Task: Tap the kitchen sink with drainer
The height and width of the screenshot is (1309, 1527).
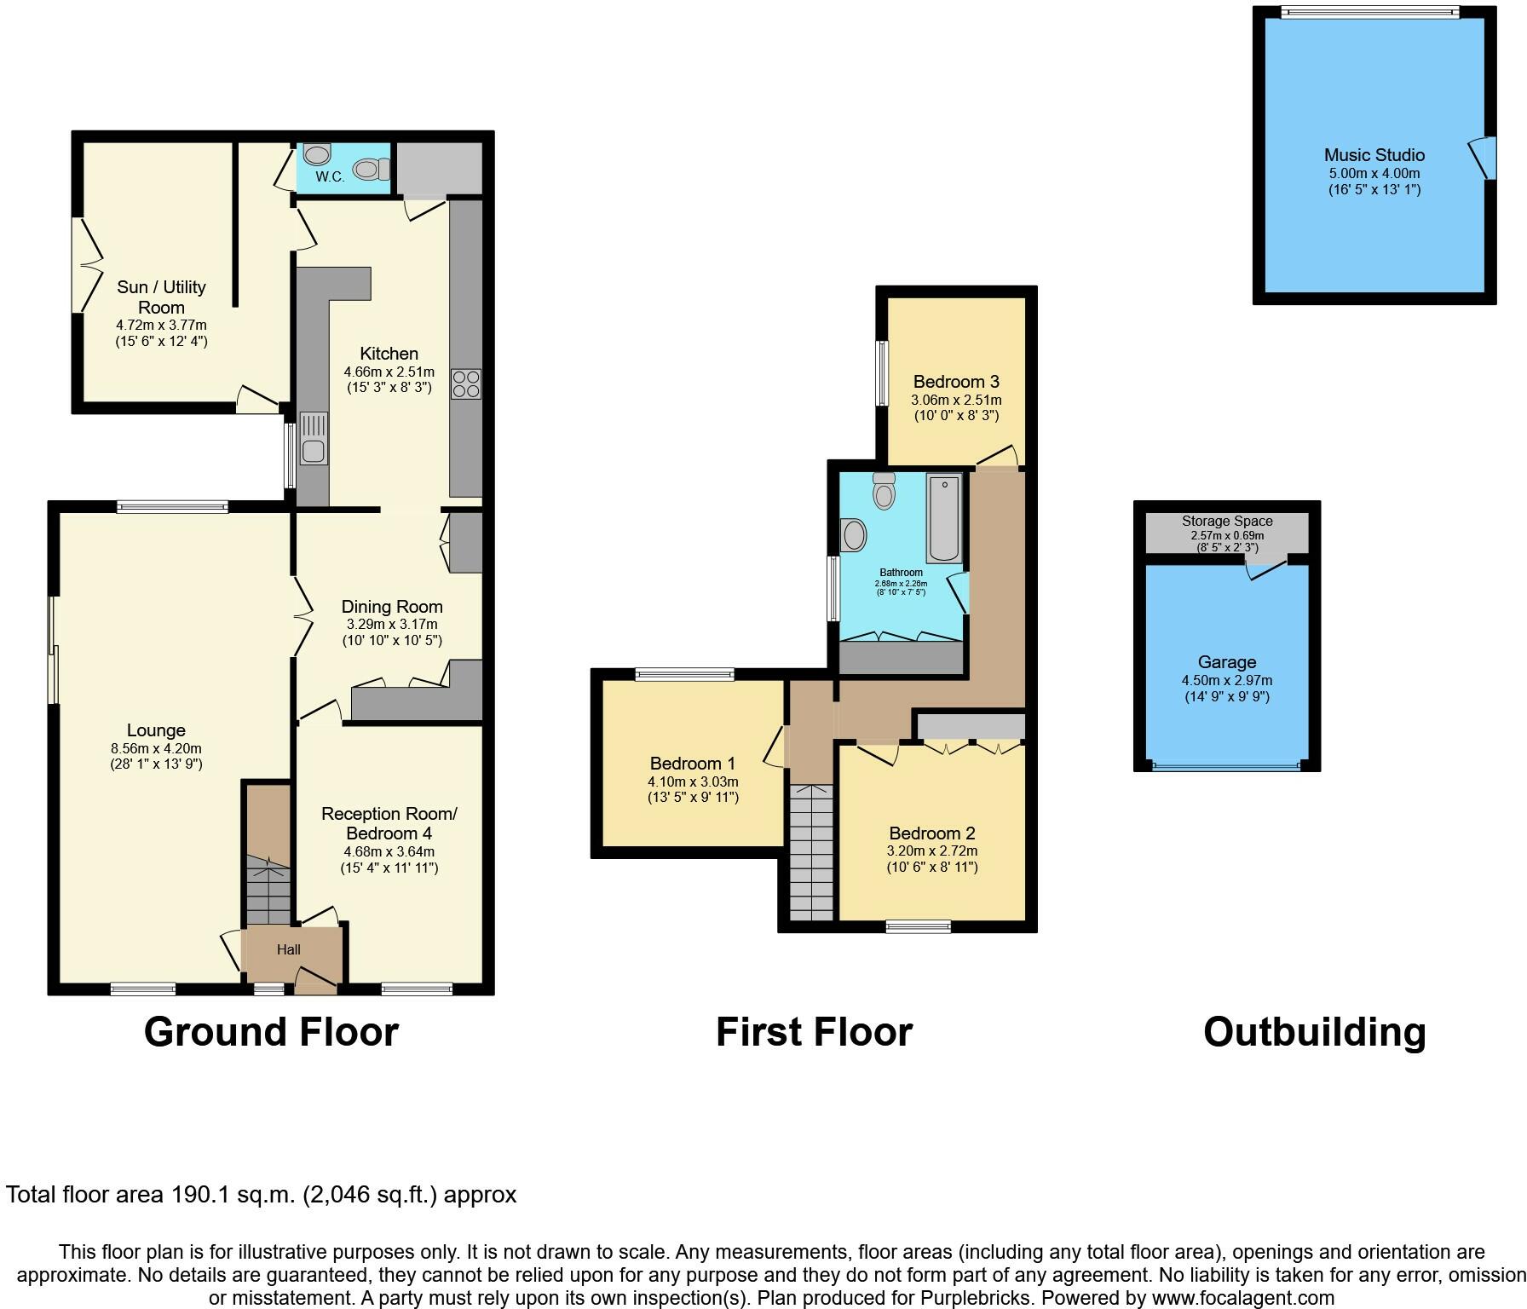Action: pos(314,438)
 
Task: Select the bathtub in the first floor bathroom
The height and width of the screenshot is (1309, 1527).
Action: pos(944,519)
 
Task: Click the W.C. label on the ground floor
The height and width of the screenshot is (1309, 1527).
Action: pos(330,177)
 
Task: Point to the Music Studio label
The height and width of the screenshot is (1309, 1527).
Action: pos(1374,155)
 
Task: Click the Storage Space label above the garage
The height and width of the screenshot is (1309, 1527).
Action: pos(1227,521)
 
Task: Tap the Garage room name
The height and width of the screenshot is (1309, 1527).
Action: pos(1227,662)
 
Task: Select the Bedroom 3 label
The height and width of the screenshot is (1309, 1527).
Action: pos(956,382)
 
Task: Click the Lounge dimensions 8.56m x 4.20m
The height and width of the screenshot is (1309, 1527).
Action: pos(156,748)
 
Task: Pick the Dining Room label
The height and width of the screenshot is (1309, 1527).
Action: pos(392,607)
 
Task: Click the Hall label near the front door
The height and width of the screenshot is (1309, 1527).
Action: pos(288,949)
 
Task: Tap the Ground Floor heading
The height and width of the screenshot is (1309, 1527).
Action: pos(271,1031)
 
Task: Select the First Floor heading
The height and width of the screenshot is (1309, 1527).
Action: pos(814,1031)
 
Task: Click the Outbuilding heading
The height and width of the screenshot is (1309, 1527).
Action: pos(1314,1032)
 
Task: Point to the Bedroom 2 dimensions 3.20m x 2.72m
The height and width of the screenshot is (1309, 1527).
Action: pos(932,851)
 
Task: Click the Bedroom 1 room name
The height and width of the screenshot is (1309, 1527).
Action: pos(693,764)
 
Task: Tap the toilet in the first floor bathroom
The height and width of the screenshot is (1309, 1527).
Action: pos(885,491)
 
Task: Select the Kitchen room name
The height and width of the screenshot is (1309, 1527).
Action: pos(389,354)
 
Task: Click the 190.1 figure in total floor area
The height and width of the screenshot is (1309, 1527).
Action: pos(193,1195)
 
